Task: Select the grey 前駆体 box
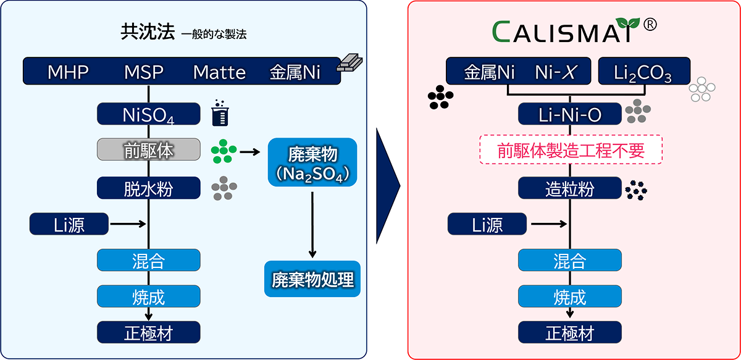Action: coord(148,150)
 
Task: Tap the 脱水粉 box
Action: coord(148,188)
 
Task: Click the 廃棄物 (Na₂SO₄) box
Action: coord(314,162)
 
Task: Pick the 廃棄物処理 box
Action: coord(313,280)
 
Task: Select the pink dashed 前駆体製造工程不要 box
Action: coord(571,150)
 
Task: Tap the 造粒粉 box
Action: coord(569,188)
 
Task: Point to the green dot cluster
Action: coord(223,151)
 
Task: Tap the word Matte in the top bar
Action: coord(219,72)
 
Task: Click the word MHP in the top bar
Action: coord(68,72)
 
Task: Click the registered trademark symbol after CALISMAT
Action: coord(650,25)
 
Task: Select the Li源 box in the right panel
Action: coord(488,225)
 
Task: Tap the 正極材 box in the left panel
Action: coord(148,333)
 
